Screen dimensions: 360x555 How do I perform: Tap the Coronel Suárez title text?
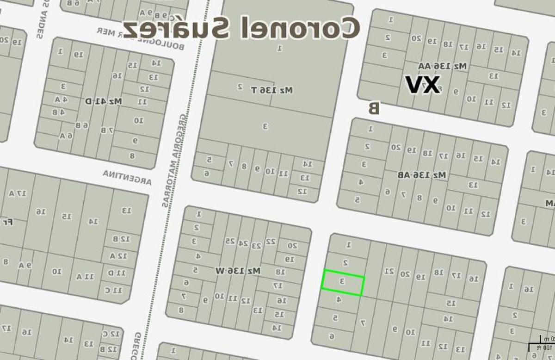tap(241, 28)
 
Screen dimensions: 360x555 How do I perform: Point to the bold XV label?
tap(422, 85)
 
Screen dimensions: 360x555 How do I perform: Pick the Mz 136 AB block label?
tap(422, 175)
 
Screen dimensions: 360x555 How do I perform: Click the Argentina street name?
tap(127, 177)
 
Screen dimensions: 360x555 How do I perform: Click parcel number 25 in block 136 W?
tap(230, 241)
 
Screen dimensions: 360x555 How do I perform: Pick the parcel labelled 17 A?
tap(17, 193)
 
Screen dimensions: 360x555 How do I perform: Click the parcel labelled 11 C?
tap(116, 290)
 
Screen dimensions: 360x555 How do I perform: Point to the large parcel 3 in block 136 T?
tap(265, 125)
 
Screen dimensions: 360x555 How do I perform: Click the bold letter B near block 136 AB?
tap(373, 108)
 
